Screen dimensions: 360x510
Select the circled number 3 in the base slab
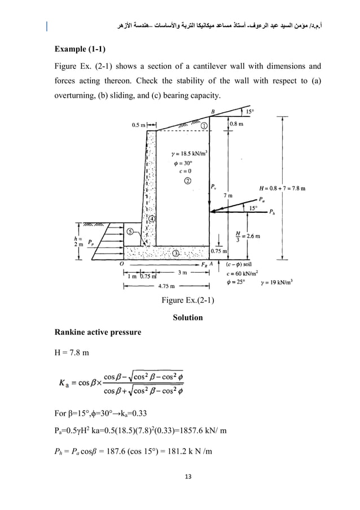coord(176,254)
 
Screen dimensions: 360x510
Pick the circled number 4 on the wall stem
coord(152,219)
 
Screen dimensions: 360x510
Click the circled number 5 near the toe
coord(130,231)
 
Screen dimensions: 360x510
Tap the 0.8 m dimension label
coord(236,122)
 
